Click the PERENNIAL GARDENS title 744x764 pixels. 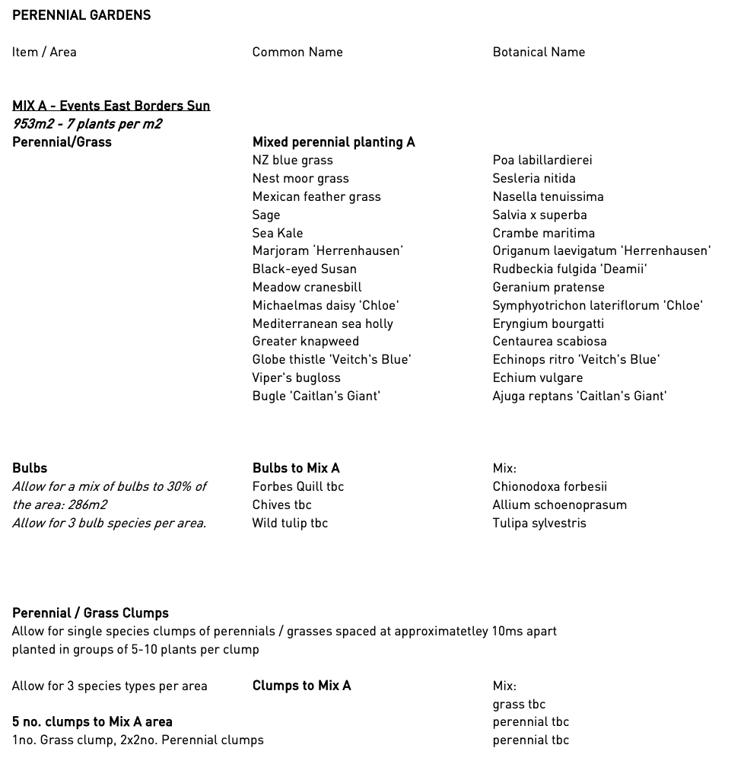tap(81, 15)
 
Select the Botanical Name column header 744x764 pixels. tap(539, 52)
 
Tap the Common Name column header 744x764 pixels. tap(297, 52)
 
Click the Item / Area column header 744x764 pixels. tap(44, 52)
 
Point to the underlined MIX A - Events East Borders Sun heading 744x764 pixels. tap(111, 106)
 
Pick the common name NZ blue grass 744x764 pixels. tap(292, 160)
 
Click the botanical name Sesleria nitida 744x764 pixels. tap(533, 178)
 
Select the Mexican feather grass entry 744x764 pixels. tap(316, 196)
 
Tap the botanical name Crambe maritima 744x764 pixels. tap(543, 233)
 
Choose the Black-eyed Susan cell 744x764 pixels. tap(304, 269)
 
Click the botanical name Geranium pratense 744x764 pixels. tap(548, 287)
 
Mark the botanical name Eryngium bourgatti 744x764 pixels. tap(548, 323)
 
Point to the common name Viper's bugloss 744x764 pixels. tap(296, 377)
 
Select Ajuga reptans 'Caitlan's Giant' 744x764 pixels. tap(579, 396)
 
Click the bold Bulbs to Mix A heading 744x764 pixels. tap(296, 468)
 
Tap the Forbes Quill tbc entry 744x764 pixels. tap(297, 486)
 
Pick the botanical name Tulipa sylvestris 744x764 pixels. tap(539, 523)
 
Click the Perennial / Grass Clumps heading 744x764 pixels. tap(91, 613)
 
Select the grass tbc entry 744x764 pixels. tap(519, 704)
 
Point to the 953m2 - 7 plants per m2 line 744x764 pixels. tap(87, 124)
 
